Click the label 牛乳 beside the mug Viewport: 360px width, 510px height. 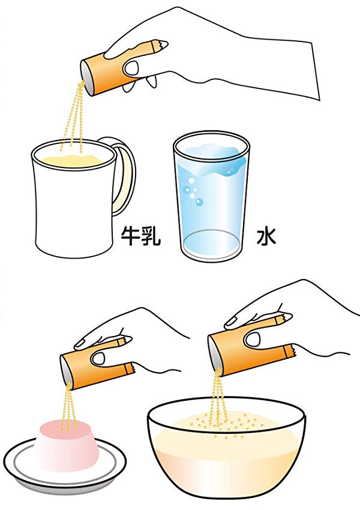141,236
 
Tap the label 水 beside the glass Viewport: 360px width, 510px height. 266,236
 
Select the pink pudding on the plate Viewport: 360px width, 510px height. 67,444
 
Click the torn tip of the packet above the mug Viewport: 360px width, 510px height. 161,44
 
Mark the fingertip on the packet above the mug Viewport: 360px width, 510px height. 132,68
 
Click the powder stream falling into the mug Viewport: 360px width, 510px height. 75,116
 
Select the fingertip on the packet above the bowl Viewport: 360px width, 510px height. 252,339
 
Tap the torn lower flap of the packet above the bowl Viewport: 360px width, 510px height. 289,351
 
